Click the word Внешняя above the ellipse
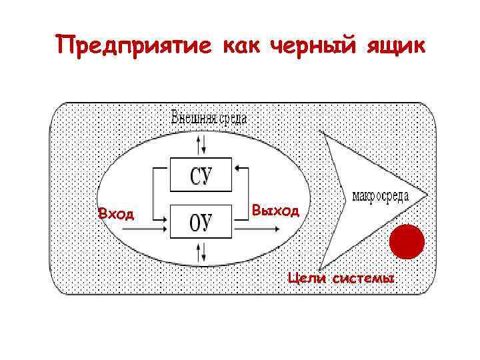(x=194, y=119)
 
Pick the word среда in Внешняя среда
(x=232, y=119)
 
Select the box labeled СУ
(x=201, y=175)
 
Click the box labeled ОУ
(x=201, y=222)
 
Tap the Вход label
(x=116, y=214)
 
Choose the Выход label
(x=275, y=211)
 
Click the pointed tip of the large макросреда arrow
(x=427, y=195)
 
